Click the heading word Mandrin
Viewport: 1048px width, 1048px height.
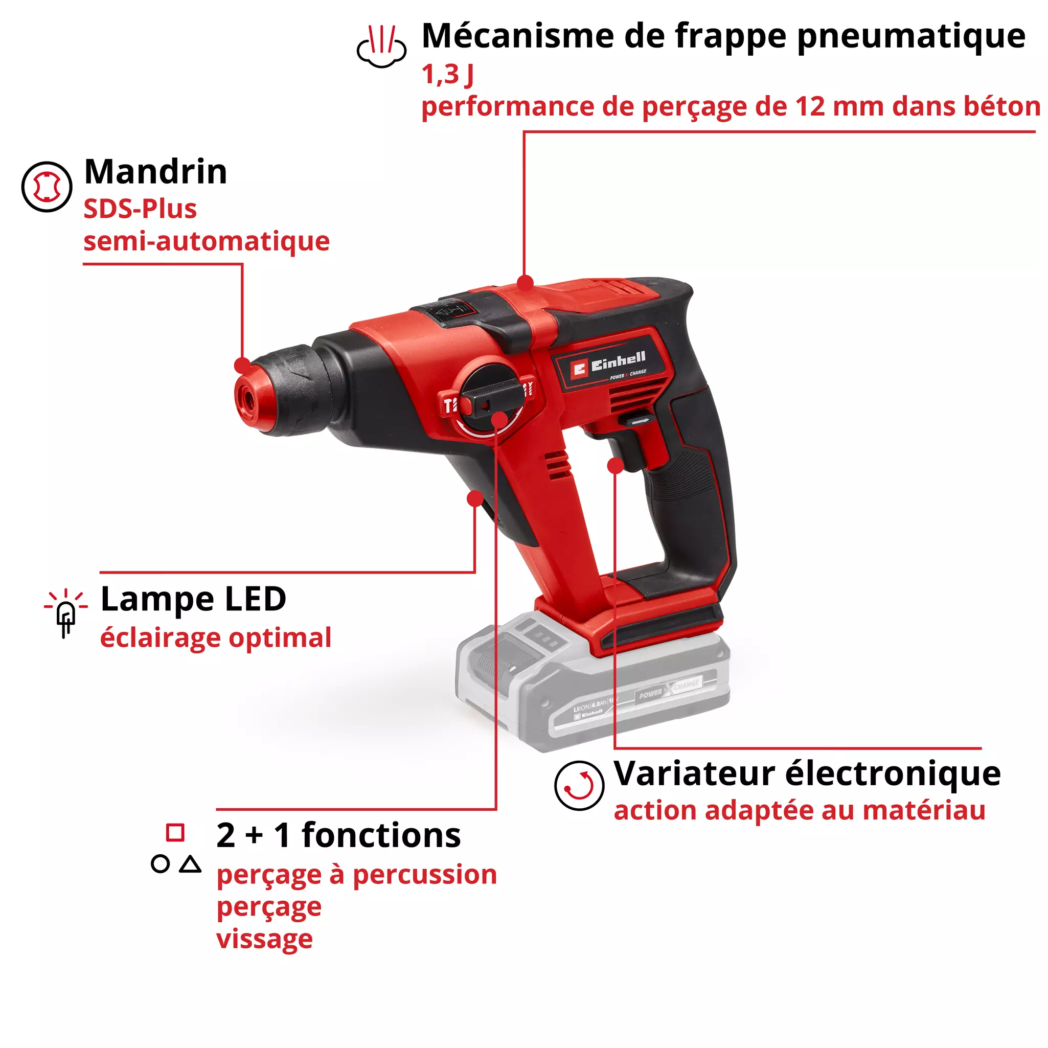pyautogui.click(x=156, y=172)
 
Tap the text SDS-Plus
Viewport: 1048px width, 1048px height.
pyautogui.click(x=140, y=210)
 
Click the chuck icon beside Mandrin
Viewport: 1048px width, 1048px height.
pyautogui.click(x=47, y=187)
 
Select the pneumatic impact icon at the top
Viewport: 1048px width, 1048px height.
pyautogui.click(x=381, y=47)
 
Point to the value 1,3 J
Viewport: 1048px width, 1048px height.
pyautogui.click(x=447, y=74)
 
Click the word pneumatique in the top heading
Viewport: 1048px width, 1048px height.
pyautogui.click(x=911, y=37)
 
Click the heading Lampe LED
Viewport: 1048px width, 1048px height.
pyautogui.click(x=193, y=599)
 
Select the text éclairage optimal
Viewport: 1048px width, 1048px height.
pyautogui.click(x=215, y=638)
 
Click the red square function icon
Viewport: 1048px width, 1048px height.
pyautogui.click(x=175, y=833)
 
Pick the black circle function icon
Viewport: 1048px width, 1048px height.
pyautogui.click(x=160, y=863)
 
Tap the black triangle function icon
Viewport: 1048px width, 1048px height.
pyautogui.click(x=190, y=863)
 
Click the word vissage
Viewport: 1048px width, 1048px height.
pyautogui.click(x=264, y=939)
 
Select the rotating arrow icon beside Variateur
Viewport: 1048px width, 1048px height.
pyautogui.click(x=579, y=785)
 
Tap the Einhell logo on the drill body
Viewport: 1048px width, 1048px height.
pyautogui.click(x=608, y=364)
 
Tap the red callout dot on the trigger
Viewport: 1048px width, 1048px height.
pyautogui.click(x=615, y=465)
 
